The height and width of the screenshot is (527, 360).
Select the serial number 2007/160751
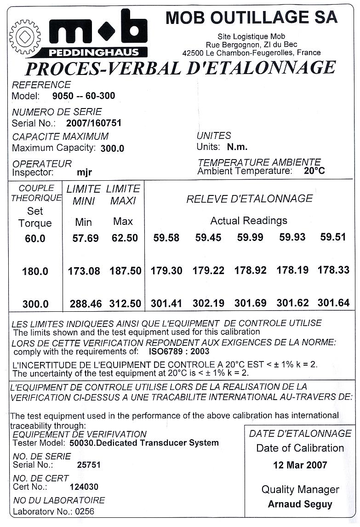[94, 123]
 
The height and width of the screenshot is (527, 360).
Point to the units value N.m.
[237, 147]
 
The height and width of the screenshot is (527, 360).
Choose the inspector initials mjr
[85, 173]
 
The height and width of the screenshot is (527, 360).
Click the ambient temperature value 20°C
[314, 171]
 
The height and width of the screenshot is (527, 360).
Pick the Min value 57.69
[86, 238]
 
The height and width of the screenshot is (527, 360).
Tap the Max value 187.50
[125, 271]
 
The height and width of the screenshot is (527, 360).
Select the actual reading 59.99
[250, 237]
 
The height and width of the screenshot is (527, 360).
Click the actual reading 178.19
[292, 270]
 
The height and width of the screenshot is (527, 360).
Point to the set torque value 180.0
[35, 271]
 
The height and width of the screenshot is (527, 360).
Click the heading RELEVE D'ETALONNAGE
[249, 199]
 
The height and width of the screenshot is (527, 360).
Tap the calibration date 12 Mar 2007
[300, 465]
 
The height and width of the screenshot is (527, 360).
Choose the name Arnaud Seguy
[300, 504]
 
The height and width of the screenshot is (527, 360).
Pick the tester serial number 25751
[89, 464]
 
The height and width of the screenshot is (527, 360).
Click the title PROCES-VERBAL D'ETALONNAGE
[180, 68]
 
